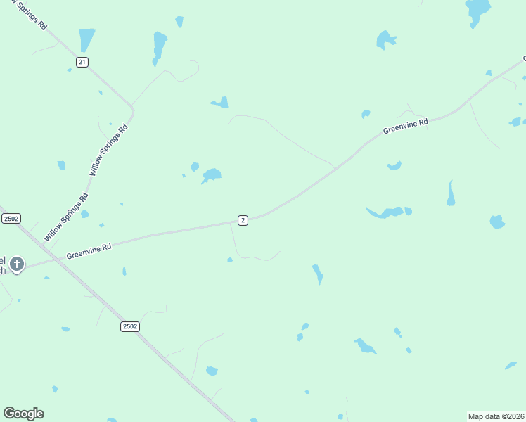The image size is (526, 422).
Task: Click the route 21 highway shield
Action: coord(82,63)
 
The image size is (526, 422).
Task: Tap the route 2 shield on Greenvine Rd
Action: coord(243,220)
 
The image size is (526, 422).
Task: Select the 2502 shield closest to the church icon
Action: coord(11,219)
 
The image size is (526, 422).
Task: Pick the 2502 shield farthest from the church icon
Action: coord(129,326)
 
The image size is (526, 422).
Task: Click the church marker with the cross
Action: coord(17,264)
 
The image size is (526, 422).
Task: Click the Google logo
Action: coord(23,414)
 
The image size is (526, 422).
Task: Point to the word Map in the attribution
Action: coord(477,416)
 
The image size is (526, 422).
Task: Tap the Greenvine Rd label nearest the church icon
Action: coord(89,251)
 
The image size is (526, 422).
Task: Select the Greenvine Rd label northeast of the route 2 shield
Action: coord(406,127)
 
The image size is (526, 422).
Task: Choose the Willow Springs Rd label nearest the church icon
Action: coord(66,217)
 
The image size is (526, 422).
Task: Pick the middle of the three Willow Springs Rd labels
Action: coord(109,150)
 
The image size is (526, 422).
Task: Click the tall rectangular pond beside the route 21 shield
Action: coord(86,39)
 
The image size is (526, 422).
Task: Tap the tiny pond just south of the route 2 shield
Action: coord(230,260)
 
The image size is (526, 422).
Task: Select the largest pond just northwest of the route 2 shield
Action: coord(211,174)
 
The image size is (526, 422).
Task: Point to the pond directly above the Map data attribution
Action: coord(511,366)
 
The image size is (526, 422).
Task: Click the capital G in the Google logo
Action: coord(10,414)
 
